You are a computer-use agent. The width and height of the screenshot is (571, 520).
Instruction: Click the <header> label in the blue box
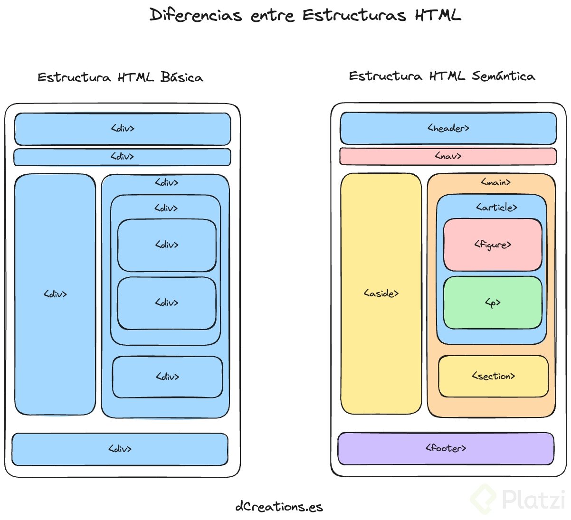pos(448,128)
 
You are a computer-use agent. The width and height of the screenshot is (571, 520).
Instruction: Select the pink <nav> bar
pos(448,156)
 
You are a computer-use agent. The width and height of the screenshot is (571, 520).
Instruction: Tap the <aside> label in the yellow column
pos(381,293)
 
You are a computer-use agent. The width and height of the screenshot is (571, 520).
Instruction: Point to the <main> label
pos(495,182)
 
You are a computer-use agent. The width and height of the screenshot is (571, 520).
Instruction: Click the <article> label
pos(496,208)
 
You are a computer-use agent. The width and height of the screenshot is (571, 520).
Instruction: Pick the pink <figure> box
pos(493,245)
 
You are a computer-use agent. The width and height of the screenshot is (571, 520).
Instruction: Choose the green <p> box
pos(493,303)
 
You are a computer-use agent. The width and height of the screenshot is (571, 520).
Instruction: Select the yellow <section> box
pos(493,376)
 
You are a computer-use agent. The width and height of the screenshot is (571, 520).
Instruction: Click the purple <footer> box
pos(446,448)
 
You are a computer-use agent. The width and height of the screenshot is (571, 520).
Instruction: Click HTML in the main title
pos(438,15)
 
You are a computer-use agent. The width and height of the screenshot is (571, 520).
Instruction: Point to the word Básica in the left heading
pos(181,77)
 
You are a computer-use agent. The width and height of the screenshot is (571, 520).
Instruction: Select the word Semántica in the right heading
pos(503,76)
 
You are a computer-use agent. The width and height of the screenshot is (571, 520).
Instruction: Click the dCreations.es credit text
pos(279,507)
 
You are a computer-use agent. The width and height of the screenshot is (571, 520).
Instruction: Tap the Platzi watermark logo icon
pos(483,499)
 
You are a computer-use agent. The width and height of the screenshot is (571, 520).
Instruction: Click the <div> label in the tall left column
pos(55,294)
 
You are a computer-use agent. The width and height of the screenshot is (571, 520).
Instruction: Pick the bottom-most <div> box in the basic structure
pos(120,449)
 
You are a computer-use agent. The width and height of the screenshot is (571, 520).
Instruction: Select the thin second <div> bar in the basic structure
pos(122,157)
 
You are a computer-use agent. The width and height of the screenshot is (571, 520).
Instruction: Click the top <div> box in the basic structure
pos(123,129)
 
